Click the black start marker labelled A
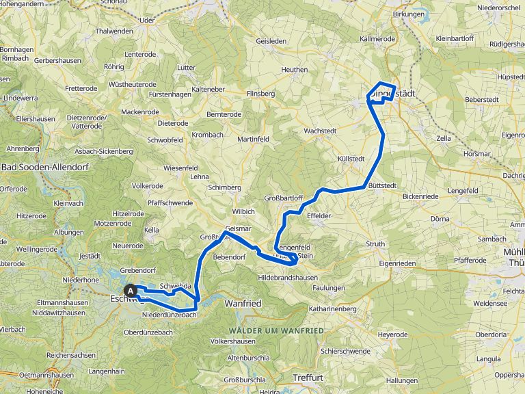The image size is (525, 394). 131,290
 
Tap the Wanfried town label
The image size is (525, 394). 243,302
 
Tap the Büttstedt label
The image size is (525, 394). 383,185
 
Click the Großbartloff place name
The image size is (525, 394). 283,198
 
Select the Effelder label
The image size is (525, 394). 319,215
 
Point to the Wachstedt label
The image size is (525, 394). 321,130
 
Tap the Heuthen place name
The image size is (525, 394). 295,70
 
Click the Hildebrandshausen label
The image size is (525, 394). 288,277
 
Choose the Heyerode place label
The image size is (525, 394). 393,334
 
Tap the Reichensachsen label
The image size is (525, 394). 71,356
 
